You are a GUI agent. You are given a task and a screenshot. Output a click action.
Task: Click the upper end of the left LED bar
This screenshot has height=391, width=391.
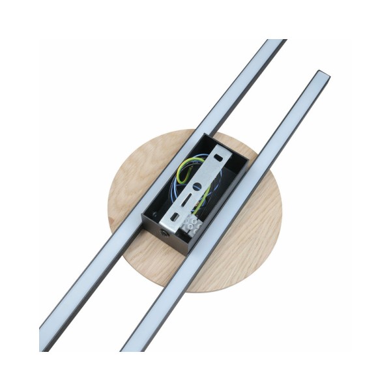pos(273,46)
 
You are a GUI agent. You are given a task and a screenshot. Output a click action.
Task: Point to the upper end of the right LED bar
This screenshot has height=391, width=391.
pos(321,78)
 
